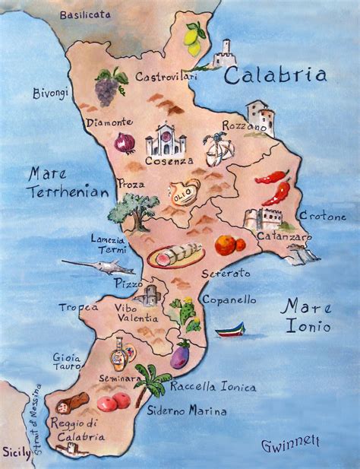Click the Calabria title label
276,75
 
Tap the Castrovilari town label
166,77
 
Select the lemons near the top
194,39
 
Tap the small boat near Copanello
231,330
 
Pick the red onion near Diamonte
124,143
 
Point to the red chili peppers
274,187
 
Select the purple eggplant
180,355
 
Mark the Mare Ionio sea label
306,316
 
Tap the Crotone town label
323,217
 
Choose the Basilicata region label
84,14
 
